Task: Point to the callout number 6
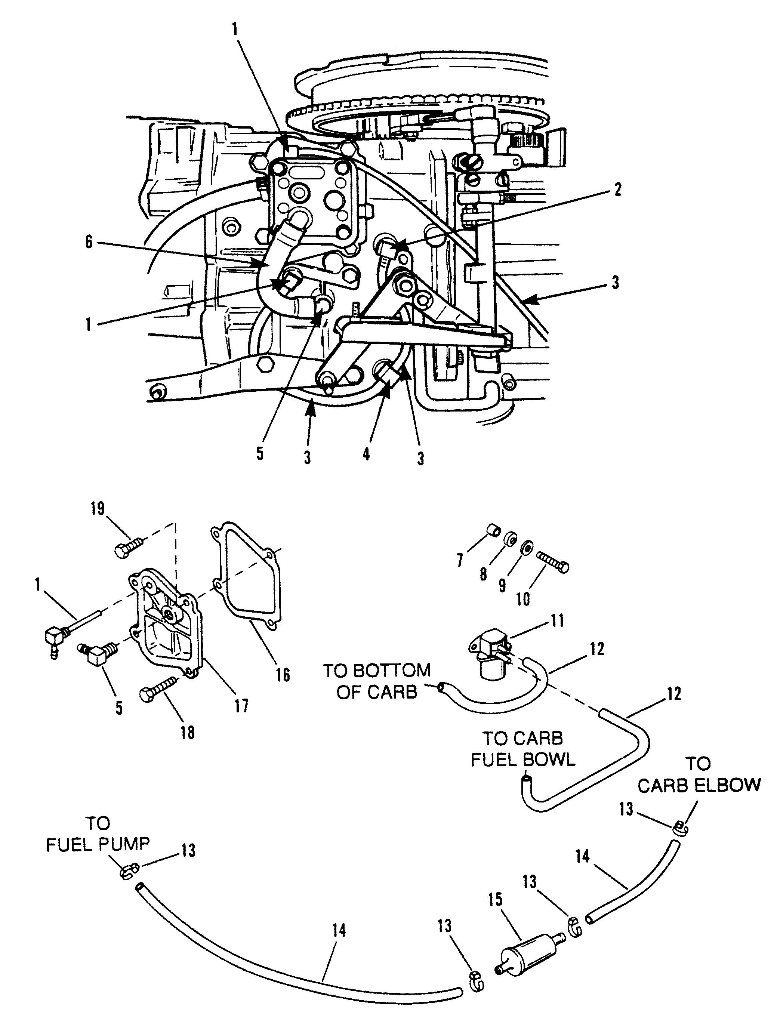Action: coord(89,243)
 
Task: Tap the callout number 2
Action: coord(617,190)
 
